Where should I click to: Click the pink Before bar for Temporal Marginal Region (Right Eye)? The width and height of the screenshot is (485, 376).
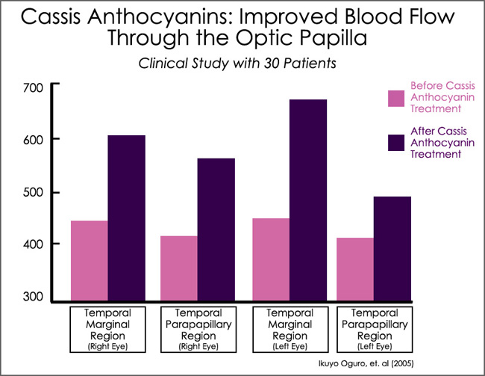pyautogui.click(x=90, y=262)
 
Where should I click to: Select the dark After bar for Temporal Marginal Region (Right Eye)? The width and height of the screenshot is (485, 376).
pyautogui.click(x=127, y=219)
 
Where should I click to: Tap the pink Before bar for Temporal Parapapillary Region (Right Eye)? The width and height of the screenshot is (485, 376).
pyautogui.click(x=179, y=269)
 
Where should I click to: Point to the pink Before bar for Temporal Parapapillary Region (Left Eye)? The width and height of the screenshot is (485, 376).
pyautogui.click(x=355, y=270)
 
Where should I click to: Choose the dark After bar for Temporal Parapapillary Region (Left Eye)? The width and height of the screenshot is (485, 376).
pyautogui.click(x=392, y=250)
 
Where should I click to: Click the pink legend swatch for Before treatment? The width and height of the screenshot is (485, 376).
pyautogui.click(x=395, y=98)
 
